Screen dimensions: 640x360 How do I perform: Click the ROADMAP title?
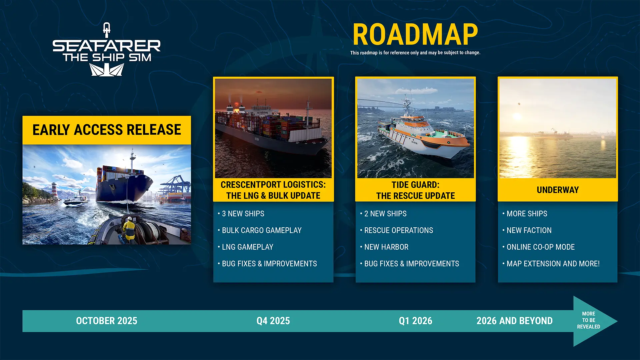[x=415, y=34]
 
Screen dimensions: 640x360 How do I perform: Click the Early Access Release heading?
[x=107, y=130]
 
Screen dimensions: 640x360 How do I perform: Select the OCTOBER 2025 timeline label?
[x=107, y=321]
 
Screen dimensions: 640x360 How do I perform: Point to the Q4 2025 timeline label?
[x=273, y=321]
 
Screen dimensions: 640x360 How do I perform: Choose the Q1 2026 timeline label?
[x=415, y=321]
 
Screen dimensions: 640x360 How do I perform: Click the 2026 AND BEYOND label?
[x=514, y=321]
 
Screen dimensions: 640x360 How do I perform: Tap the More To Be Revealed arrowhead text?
[x=588, y=320]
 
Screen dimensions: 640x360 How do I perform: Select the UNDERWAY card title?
[x=558, y=190]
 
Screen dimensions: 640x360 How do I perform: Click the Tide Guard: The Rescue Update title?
[x=415, y=190]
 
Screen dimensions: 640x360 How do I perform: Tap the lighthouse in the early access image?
[x=54, y=190]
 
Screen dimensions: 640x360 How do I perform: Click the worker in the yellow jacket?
[x=128, y=229]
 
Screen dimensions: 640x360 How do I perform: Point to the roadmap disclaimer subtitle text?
[x=415, y=53]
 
